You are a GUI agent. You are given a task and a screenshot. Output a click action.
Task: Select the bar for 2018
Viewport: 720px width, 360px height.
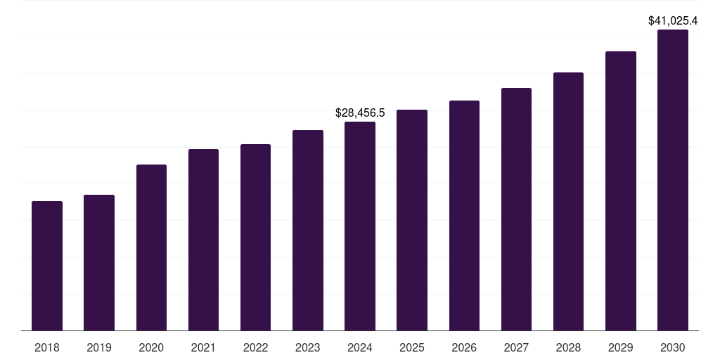(47, 266)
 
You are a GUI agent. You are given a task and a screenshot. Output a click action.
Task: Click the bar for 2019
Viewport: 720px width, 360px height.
(99, 262)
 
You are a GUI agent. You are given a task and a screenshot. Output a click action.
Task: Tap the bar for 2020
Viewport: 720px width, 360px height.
(151, 247)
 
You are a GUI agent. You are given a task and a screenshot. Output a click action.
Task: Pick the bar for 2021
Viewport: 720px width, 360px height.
(203, 240)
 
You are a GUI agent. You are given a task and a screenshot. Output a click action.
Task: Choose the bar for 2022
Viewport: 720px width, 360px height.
(255, 237)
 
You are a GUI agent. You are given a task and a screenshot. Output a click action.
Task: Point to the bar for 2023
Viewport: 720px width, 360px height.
(308, 230)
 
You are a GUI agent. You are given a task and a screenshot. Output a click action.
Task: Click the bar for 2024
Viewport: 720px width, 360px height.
(360, 226)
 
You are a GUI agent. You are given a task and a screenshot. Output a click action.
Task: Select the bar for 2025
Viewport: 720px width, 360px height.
(412, 220)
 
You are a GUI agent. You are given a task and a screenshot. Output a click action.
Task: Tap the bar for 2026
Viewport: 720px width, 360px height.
(464, 215)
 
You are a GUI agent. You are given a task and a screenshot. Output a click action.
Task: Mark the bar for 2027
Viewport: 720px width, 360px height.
(516, 209)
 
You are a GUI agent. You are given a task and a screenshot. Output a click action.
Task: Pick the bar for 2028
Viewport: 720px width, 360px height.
(568, 201)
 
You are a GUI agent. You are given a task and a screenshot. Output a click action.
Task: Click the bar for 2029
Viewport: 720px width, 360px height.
(621, 191)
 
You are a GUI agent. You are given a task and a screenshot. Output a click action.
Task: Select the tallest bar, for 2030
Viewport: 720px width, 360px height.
(673, 180)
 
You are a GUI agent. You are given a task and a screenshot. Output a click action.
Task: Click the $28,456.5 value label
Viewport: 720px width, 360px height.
(360, 112)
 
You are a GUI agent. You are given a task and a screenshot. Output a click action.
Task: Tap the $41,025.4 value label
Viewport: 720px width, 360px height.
(673, 21)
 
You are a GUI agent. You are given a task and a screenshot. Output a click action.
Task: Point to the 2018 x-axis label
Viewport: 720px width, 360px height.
(47, 347)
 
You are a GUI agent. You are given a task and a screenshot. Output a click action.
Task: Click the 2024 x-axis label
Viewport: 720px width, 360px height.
(360, 347)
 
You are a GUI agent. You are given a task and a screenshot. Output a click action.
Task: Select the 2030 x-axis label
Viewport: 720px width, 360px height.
(673, 347)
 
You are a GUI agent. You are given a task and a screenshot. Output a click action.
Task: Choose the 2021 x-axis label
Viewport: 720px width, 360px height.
(203, 347)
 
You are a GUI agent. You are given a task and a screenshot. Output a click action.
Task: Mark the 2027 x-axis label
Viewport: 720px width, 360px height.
(516, 347)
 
